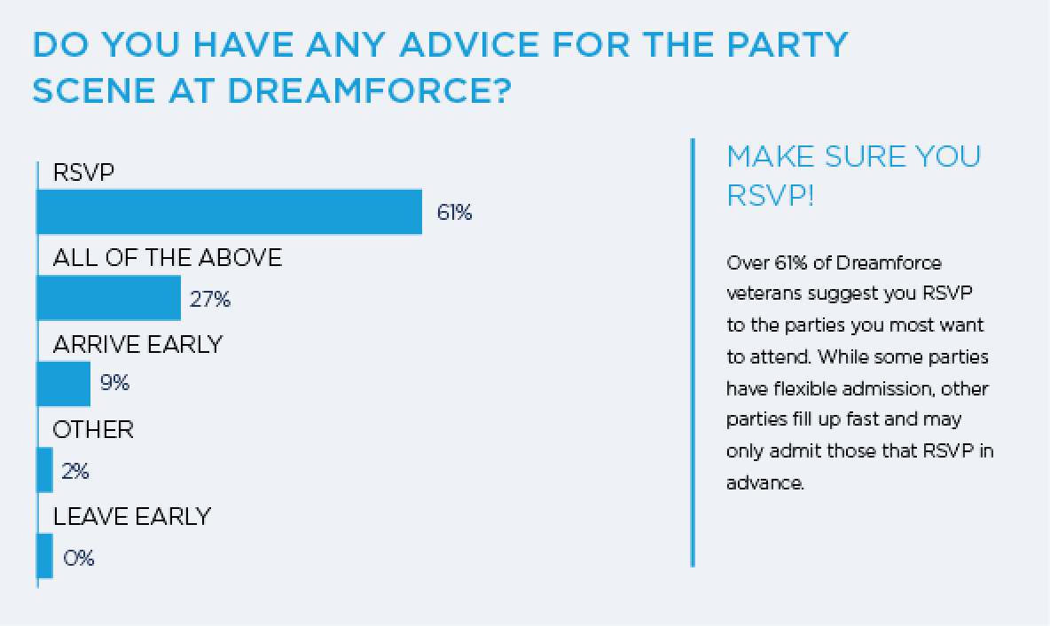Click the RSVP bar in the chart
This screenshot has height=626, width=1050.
pos(229,212)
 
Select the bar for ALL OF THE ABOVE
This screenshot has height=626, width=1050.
pos(108,298)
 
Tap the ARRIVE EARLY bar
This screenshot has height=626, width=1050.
pos(63,384)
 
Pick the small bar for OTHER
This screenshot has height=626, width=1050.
pos(44,470)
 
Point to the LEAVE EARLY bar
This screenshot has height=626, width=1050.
pos(44,556)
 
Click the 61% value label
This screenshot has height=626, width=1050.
pos(454,213)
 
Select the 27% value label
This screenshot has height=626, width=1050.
pos(210,300)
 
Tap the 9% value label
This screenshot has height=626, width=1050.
pos(115,384)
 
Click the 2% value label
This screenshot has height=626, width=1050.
pos(75,471)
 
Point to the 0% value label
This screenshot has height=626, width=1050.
pos(78,558)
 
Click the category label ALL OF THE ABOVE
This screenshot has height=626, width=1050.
pos(167,258)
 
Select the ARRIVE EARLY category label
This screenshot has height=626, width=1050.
pos(137,344)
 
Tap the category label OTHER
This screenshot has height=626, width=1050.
pos(93,430)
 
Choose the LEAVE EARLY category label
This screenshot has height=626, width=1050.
pos(131,516)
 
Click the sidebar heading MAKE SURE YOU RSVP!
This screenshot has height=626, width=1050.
pos(853,175)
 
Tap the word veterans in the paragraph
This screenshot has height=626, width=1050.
pos(762,293)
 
